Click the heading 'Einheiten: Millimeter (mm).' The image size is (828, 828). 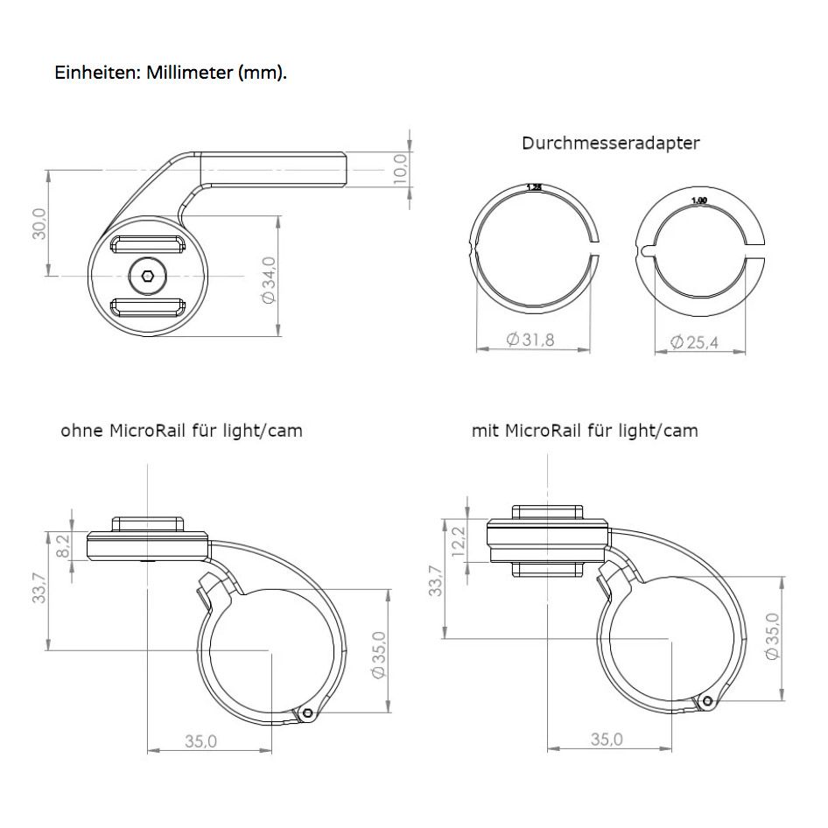tap(171, 72)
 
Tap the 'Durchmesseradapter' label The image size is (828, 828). tap(610, 144)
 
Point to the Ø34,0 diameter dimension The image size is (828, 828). tap(269, 279)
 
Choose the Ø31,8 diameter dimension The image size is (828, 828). tap(530, 341)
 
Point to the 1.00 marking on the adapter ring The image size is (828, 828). tap(698, 200)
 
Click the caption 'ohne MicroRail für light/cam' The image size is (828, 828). tap(181, 431)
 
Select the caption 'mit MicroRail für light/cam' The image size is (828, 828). tap(585, 431)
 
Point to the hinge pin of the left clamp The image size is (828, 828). tap(307, 713)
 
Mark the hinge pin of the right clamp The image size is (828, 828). tap(707, 701)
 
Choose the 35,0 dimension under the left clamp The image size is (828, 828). tap(200, 741)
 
